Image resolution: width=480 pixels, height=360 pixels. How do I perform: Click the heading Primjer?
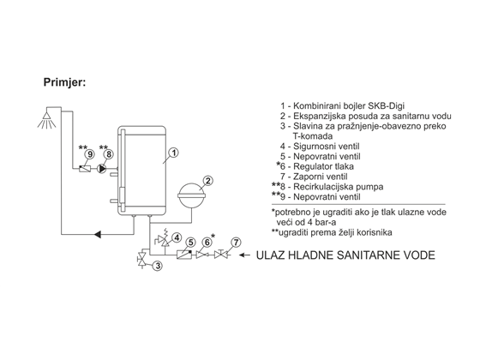pos(64,82)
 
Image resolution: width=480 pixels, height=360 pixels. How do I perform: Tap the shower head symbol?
pos(47,120)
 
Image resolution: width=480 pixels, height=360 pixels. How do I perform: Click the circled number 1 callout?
pos(173,153)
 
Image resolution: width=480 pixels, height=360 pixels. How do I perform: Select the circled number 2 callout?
pos(207,181)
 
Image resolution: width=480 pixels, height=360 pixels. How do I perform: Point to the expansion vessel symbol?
pos(192,195)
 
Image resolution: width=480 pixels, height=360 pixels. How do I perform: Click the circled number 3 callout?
pos(158,266)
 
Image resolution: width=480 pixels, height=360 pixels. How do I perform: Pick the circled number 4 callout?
pos(177,237)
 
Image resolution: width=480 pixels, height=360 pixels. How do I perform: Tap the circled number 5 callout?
pos(190,243)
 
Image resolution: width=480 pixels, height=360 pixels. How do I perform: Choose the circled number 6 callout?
pos(207,243)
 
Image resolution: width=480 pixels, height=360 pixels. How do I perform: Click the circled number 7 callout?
pos(236,243)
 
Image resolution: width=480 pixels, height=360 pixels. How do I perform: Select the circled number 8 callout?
pos(109,154)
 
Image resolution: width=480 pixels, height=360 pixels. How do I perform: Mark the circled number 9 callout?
pos(90,154)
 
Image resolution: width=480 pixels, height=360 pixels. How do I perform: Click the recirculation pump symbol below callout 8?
pos(102,168)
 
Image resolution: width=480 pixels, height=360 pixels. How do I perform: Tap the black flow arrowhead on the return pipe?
pos(98,235)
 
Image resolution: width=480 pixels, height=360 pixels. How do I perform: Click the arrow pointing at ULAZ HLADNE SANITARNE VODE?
pos(244,255)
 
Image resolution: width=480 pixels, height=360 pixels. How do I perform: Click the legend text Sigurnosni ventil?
pos(327,147)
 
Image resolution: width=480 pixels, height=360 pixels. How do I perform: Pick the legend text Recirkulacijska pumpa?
pos(339,187)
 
